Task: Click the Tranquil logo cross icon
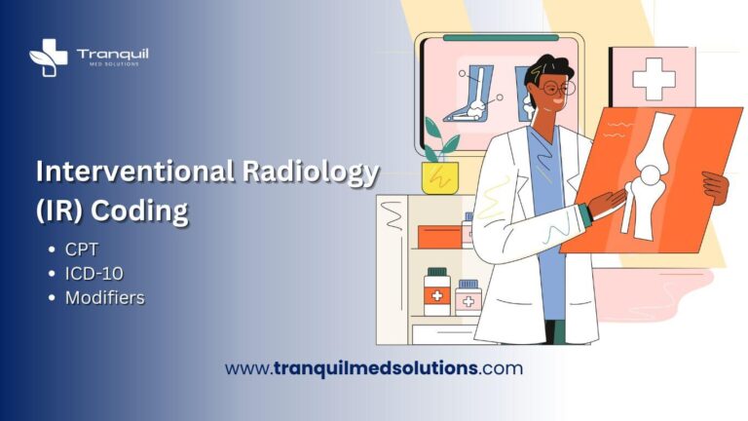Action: click(x=48, y=56)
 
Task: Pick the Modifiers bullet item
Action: click(x=104, y=298)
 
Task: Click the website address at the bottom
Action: click(x=373, y=368)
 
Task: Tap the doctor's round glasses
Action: click(x=553, y=89)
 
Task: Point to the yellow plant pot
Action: click(x=439, y=176)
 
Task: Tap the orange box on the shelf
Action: click(x=439, y=236)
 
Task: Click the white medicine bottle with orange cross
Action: click(x=437, y=291)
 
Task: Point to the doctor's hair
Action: click(x=544, y=68)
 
